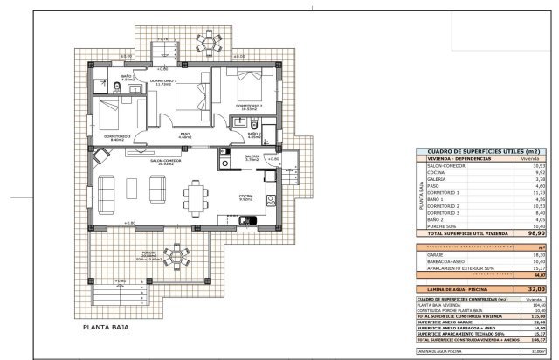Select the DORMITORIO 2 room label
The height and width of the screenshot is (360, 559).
pyautogui.click(x=249, y=107)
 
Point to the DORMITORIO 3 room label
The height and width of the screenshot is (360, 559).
pyautogui.click(x=117, y=135)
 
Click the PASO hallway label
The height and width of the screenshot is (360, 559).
pyautogui.click(x=184, y=135)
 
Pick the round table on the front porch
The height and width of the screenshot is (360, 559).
pyautogui.click(x=178, y=256)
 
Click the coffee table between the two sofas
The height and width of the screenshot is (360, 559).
pyautogui.click(x=134, y=188)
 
